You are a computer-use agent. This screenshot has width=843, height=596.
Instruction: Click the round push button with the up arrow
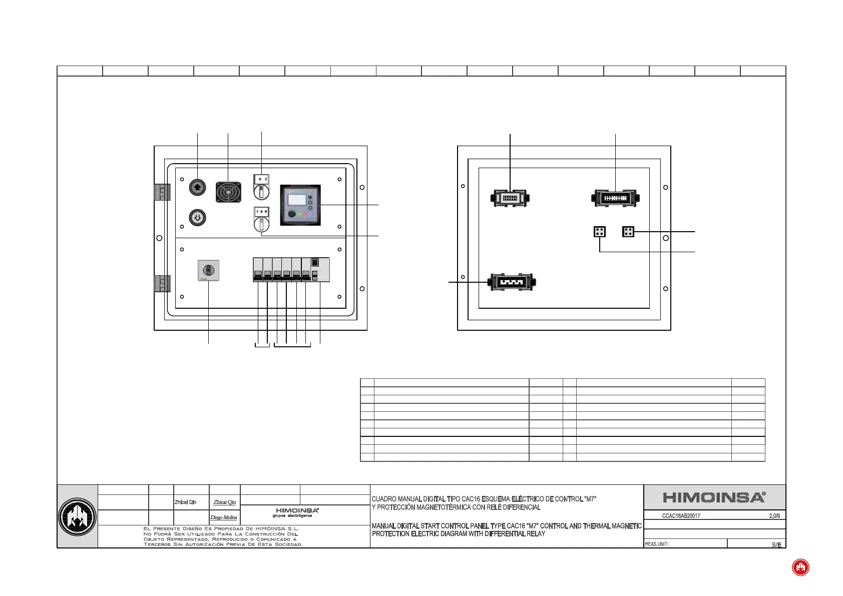pyautogui.click(x=197, y=187)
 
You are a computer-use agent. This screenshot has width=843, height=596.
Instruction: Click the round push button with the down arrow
pyautogui.click(x=197, y=218)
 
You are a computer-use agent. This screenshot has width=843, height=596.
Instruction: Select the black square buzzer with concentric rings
pyautogui.click(x=228, y=192)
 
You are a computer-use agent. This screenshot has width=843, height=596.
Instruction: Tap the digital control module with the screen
pyautogui.click(x=300, y=205)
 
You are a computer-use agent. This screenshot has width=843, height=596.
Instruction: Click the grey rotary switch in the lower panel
pyautogui.click(x=208, y=270)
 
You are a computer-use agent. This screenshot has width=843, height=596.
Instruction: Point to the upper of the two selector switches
pyautogui.click(x=261, y=187)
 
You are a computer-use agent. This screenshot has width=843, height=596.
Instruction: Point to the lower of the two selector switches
pyautogui.click(x=261, y=219)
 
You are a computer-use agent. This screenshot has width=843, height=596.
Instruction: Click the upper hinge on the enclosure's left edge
pyautogui.click(x=162, y=192)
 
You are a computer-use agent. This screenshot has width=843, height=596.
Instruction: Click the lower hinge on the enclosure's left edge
pyautogui.click(x=162, y=283)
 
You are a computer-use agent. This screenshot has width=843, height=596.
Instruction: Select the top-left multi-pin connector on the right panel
pyautogui.click(x=510, y=198)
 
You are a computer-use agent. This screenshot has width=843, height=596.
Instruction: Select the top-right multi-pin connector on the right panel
pyautogui.click(x=615, y=198)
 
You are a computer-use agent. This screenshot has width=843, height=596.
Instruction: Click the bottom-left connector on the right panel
pyautogui.click(x=512, y=282)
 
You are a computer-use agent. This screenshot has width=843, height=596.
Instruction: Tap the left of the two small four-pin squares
pyautogui.click(x=600, y=232)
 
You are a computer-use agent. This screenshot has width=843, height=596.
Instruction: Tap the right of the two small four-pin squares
pyautogui.click(x=628, y=232)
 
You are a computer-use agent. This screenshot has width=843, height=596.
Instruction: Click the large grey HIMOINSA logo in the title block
pyautogui.click(x=714, y=497)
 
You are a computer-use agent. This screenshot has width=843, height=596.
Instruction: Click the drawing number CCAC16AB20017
pyautogui.click(x=681, y=516)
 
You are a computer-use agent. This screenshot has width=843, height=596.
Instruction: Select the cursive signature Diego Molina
pyautogui.click(x=224, y=517)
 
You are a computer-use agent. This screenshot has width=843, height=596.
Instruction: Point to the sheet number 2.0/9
pyautogui.click(x=774, y=516)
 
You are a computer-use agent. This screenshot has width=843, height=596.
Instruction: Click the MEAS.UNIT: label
pyautogui.click(x=657, y=544)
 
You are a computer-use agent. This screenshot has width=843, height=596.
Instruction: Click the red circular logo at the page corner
pyautogui.click(x=800, y=567)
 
